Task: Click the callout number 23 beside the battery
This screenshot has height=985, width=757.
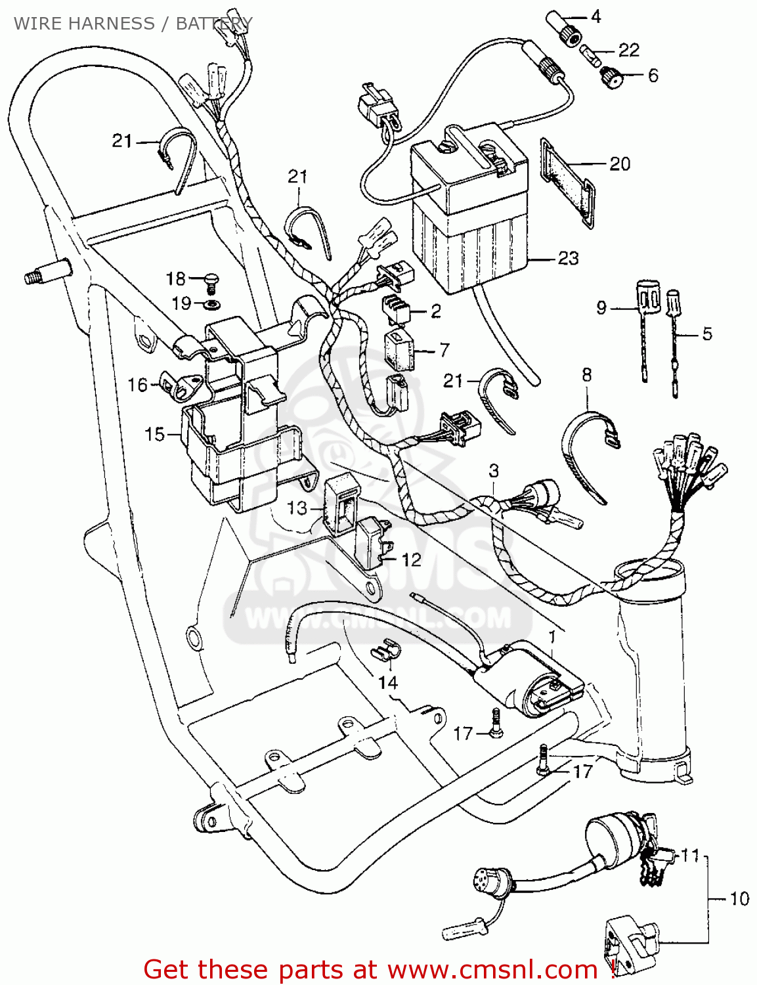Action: [x=568, y=258]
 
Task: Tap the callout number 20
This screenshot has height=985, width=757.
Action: [x=620, y=164]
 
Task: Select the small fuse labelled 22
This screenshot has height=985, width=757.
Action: [x=591, y=54]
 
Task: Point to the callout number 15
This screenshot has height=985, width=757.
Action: [x=155, y=434]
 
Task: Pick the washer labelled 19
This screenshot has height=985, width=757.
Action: [x=212, y=305]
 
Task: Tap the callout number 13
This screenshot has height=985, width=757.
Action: [x=297, y=508]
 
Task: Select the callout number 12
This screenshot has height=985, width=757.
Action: [x=411, y=559]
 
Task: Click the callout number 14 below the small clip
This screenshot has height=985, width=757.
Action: [x=387, y=682]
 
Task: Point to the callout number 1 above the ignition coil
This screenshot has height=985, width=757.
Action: [x=552, y=636]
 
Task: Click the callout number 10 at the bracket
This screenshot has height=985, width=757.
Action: [x=739, y=898]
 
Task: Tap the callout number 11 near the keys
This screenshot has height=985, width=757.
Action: [x=690, y=855]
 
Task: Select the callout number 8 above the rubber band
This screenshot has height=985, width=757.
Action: [x=586, y=374]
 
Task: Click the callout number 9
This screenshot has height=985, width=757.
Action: [x=601, y=307]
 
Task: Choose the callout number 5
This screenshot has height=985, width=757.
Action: [x=706, y=333]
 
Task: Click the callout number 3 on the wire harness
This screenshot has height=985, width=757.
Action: [x=493, y=470]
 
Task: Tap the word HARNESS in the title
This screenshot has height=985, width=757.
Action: [x=111, y=23]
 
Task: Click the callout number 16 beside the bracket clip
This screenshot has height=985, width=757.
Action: [x=138, y=384]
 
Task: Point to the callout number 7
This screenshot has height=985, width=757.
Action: [x=444, y=349]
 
